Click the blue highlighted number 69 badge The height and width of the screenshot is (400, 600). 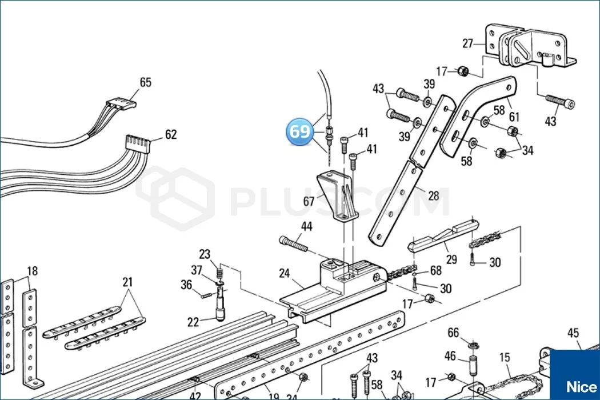[x=299, y=131]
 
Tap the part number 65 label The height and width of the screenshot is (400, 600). [x=145, y=82]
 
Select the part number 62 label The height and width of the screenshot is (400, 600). [x=171, y=135]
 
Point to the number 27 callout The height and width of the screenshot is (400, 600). [x=467, y=43]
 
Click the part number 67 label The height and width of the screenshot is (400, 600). [x=309, y=201]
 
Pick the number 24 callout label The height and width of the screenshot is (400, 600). [x=285, y=274]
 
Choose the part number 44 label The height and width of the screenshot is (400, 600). [x=306, y=227]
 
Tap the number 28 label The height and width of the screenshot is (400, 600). [x=434, y=196]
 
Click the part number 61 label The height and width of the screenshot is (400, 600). [x=514, y=117]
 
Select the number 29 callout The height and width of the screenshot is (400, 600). [x=451, y=259]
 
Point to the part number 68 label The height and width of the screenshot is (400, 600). [x=436, y=271]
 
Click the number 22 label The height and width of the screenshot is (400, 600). [x=193, y=322]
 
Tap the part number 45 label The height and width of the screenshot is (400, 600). [x=573, y=333]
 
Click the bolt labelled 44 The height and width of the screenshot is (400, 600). [x=294, y=244]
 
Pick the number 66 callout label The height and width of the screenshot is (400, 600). [x=453, y=333]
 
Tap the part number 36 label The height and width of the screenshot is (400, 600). [x=186, y=285]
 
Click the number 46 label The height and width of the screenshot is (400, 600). [x=450, y=357]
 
